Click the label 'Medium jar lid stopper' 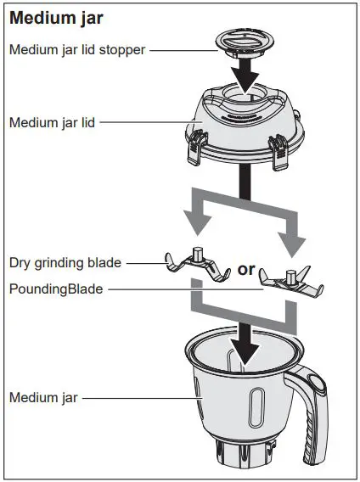[x=77, y=49]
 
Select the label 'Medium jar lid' [x=52, y=122]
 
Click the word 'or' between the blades [x=246, y=269]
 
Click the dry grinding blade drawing [x=197, y=264]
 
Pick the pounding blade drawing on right [x=290, y=280]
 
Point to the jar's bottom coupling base [x=246, y=455]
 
